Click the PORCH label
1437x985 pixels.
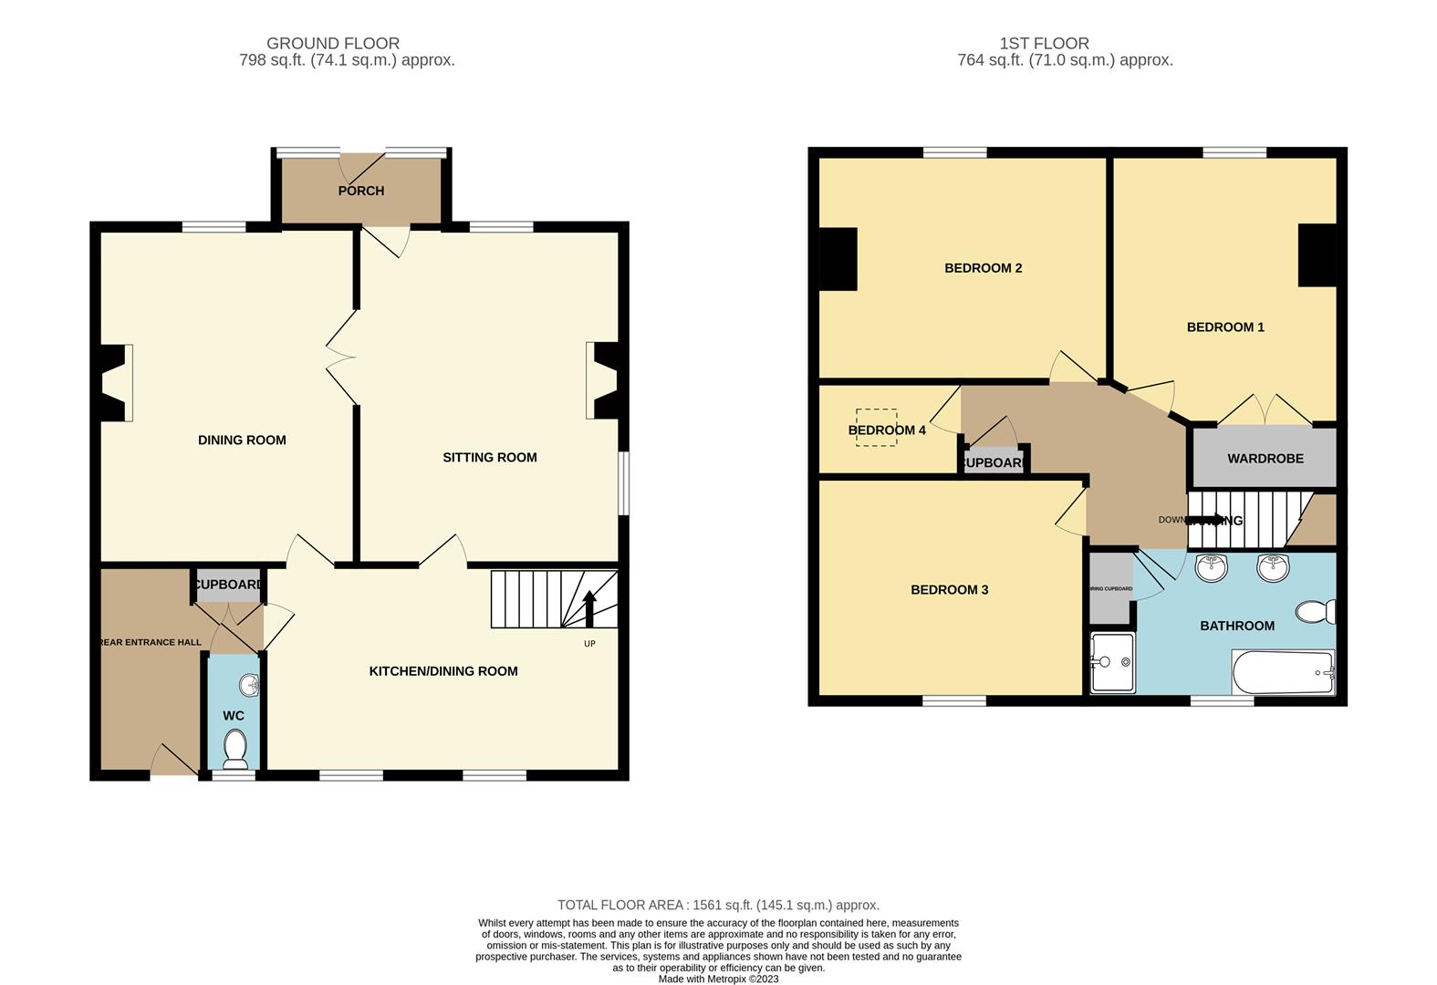point(360,191)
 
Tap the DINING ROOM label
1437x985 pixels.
point(242,440)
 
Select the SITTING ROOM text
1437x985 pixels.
point(489,457)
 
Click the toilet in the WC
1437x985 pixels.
point(235,749)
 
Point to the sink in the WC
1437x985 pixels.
point(249,686)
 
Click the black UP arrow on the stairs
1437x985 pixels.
point(589,607)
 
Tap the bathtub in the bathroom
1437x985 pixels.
point(1283,673)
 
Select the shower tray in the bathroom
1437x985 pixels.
point(1112,662)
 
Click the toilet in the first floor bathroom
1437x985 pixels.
point(1317,611)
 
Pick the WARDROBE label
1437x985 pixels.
point(1265,458)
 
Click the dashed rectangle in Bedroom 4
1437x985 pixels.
point(876,427)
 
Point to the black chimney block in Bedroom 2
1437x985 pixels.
point(838,259)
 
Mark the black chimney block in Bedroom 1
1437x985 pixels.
point(1317,255)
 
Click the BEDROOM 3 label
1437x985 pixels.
point(949,589)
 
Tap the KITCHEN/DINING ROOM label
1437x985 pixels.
point(443,670)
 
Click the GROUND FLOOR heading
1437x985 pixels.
point(333,43)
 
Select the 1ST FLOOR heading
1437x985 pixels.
point(1044,43)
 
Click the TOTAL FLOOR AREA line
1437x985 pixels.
point(718,905)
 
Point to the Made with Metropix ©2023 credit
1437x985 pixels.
point(718,979)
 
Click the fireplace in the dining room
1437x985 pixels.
point(114,383)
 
